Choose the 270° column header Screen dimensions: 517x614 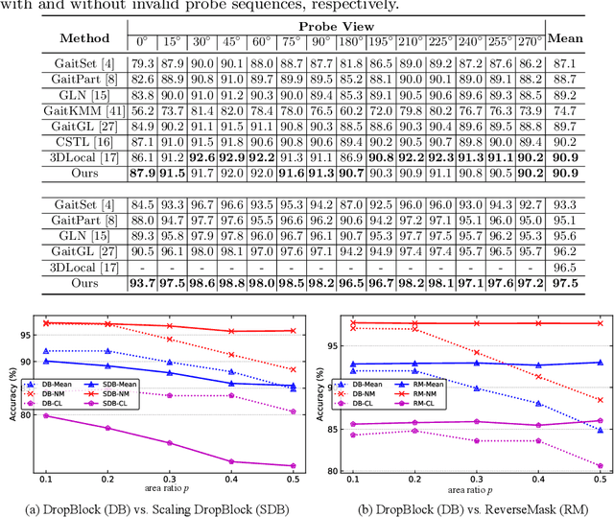click(x=528, y=41)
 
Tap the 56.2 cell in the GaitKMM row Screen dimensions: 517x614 click(x=140, y=110)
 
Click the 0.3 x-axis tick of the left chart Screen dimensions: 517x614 click(x=169, y=478)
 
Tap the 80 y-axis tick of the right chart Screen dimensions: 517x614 click(x=332, y=471)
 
